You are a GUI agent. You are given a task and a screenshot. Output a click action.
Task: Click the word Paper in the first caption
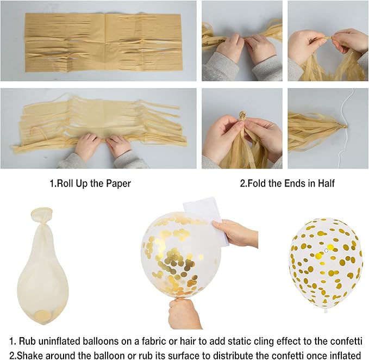pyautogui.click(x=118, y=183)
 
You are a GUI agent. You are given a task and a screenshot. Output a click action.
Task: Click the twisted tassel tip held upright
pyautogui.click(x=242, y=116)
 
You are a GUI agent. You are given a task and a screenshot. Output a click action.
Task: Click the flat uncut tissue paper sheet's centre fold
pyautogui.click(x=105, y=42)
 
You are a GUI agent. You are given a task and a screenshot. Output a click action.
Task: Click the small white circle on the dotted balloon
pyautogui.click(x=326, y=251)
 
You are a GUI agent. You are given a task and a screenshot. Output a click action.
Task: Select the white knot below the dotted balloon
pyautogui.click(x=326, y=311)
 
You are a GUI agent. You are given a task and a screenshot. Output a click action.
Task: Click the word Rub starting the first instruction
pyautogui.click(x=25, y=341)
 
